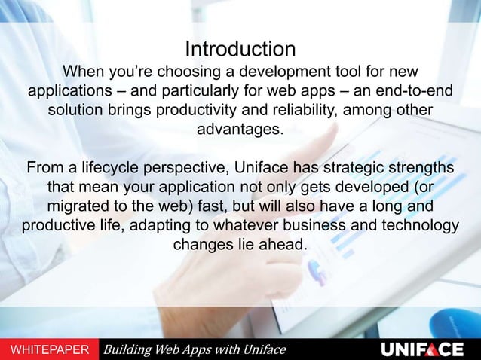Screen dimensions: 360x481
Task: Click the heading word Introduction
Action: click(x=240, y=50)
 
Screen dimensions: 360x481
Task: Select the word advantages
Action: click(x=240, y=130)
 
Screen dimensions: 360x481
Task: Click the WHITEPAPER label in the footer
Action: click(x=47, y=349)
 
